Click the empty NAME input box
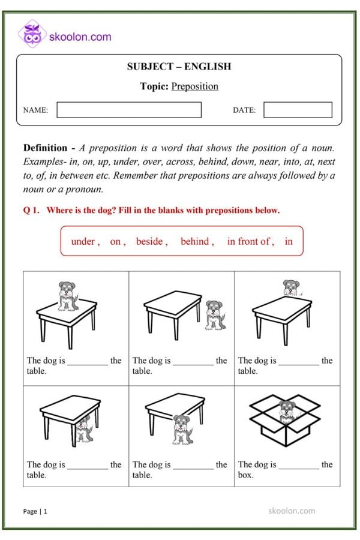[x=129, y=110]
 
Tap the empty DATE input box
[x=298, y=110]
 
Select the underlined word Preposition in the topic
[x=194, y=86]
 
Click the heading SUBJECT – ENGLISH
[x=179, y=67]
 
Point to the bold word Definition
[x=45, y=148]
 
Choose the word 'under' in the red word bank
[x=83, y=241]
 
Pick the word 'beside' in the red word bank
[x=149, y=241]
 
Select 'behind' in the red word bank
[x=195, y=241]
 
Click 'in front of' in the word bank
[x=248, y=241]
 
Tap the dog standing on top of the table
[x=68, y=295]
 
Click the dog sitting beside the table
[x=215, y=314]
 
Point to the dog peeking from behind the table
[x=292, y=287]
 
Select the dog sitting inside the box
[x=287, y=411]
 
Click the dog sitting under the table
[x=85, y=427]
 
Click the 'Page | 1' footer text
[x=35, y=511]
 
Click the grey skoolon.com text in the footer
[x=291, y=511]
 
